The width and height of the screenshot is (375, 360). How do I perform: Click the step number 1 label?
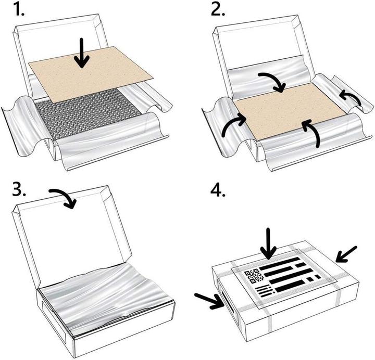(x=19, y=10)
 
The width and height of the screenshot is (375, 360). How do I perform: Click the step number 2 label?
(x=218, y=10)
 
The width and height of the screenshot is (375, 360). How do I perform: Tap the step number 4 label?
(x=218, y=190)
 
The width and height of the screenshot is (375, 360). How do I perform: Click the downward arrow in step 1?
(x=82, y=53)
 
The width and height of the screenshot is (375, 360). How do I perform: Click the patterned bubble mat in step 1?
(x=89, y=112)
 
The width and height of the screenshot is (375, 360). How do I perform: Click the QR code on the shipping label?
(x=254, y=276)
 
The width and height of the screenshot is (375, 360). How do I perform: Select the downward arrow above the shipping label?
(x=269, y=243)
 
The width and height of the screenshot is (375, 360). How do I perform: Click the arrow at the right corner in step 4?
(x=346, y=254)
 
